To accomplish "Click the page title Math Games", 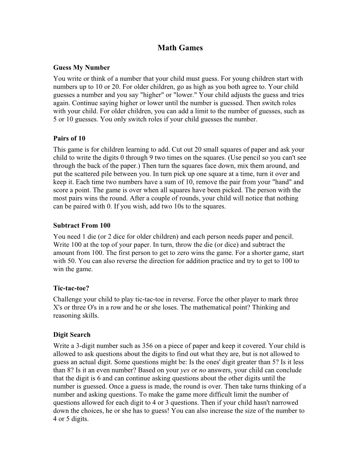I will pos(180,48).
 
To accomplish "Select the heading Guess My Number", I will pos(82,67).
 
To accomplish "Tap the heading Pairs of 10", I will pos(69,138).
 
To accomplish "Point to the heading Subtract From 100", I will pos(82,225).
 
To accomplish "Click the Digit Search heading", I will pos(72,334).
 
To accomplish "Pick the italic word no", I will pos(202,370).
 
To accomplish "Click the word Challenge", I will pos(67,299).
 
